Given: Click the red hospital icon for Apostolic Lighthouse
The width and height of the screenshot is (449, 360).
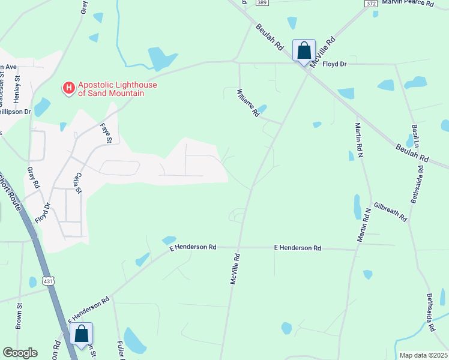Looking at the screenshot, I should (x=69, y=88).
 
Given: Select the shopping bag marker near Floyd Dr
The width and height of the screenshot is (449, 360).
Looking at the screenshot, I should (x=304, y=50).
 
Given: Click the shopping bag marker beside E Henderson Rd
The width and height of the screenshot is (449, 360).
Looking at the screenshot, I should (x=82, y=334).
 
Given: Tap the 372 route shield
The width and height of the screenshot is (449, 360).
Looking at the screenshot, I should (x=371, y=3).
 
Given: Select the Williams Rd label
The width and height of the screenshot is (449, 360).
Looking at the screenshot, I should (x=248, y=103).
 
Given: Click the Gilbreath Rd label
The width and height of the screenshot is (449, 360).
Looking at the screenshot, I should (x=390, y=211).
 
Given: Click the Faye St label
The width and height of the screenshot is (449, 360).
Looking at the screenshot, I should (x=106, y=132).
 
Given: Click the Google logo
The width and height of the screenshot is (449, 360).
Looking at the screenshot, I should (x=20, y=353).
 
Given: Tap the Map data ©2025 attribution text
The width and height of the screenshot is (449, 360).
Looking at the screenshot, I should (x=423, y=355).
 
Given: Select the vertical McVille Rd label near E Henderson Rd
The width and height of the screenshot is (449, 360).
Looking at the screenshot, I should (x=235, y=269).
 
